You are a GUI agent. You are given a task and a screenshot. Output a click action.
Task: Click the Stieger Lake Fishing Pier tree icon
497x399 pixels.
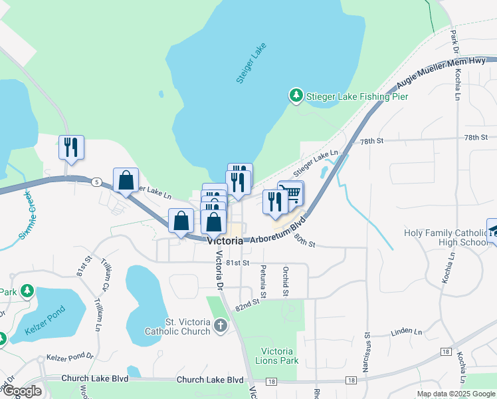pos(296,96)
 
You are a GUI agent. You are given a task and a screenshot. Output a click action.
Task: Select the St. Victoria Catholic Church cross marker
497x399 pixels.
pos(221,326)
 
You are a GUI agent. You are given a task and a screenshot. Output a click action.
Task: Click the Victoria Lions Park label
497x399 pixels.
pos(277,356)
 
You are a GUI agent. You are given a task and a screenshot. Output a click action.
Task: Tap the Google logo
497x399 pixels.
pos(22,391)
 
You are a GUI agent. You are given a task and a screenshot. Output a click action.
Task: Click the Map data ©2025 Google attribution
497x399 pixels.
pos(456,394)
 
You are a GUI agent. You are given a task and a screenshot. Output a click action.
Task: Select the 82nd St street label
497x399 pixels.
pos(247,304)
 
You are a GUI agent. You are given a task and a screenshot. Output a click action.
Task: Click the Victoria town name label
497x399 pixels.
pos(225,241)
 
